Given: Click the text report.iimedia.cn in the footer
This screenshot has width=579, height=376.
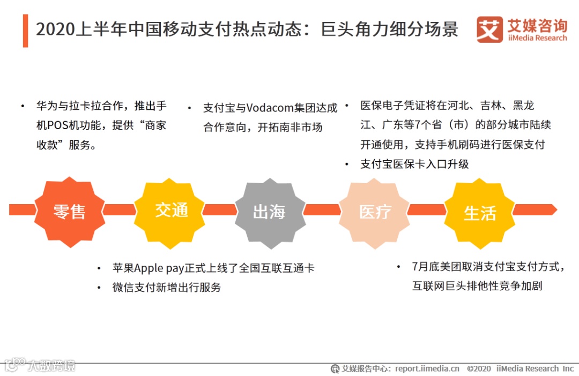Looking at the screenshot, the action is (427, 369).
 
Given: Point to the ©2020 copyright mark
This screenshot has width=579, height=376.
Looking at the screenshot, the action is (479, 369).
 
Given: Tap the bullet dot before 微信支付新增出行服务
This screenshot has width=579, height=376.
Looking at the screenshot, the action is (99, 288).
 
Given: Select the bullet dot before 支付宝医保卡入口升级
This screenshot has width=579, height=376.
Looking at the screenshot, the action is (347, 164).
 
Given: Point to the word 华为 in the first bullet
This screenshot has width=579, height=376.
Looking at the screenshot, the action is (44, 106).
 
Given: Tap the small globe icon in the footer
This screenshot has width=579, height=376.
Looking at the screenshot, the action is (335, 369).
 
